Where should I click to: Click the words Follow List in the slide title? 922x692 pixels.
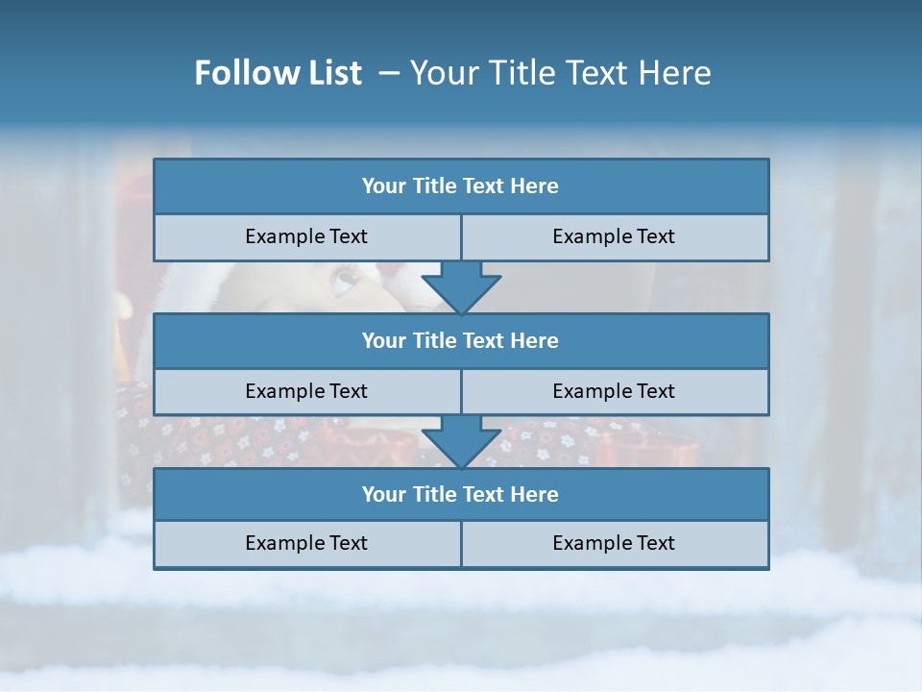pos(278,73)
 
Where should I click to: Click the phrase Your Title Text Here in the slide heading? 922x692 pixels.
pos(560,73)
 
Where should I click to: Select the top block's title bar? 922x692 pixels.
pos(461,186)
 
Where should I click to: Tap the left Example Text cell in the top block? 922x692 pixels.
pos(306,236)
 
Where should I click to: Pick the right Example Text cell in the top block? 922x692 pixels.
pos(615,236)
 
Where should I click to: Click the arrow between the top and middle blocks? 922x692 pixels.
pos(461,287)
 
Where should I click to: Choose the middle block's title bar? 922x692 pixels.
pos(461,340)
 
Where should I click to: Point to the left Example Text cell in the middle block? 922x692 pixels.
pos(306,391)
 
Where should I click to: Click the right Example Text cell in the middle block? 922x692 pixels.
pos(615,391)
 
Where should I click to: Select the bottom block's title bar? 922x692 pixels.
pos(461,494)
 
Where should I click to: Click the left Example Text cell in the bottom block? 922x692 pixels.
pos(306,543)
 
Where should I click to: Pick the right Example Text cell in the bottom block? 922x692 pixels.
pos(615,543)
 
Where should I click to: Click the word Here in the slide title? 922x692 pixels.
pos(677,73)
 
